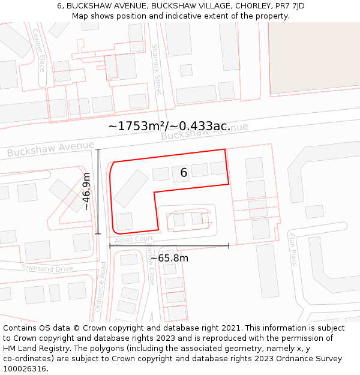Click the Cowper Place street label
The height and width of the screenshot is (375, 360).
coord(38,50)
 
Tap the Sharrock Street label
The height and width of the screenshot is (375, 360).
coord(157,69)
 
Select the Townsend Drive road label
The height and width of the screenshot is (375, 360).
coord(47,268)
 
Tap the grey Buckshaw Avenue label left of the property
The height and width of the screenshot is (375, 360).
coord(50,149)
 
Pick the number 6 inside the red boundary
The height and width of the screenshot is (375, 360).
coord(184,173)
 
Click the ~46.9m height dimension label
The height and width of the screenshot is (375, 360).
coord(86,191)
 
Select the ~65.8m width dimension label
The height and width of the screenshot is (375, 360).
coord(169,258)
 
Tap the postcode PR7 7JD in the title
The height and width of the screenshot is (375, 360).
coord(287,5)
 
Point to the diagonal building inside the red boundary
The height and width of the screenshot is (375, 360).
coord(131,188)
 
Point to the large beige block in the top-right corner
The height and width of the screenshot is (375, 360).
coord(314,58)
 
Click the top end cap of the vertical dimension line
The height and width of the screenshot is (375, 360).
coord(98,149)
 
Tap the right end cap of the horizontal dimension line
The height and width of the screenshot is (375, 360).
coord(229,245)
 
